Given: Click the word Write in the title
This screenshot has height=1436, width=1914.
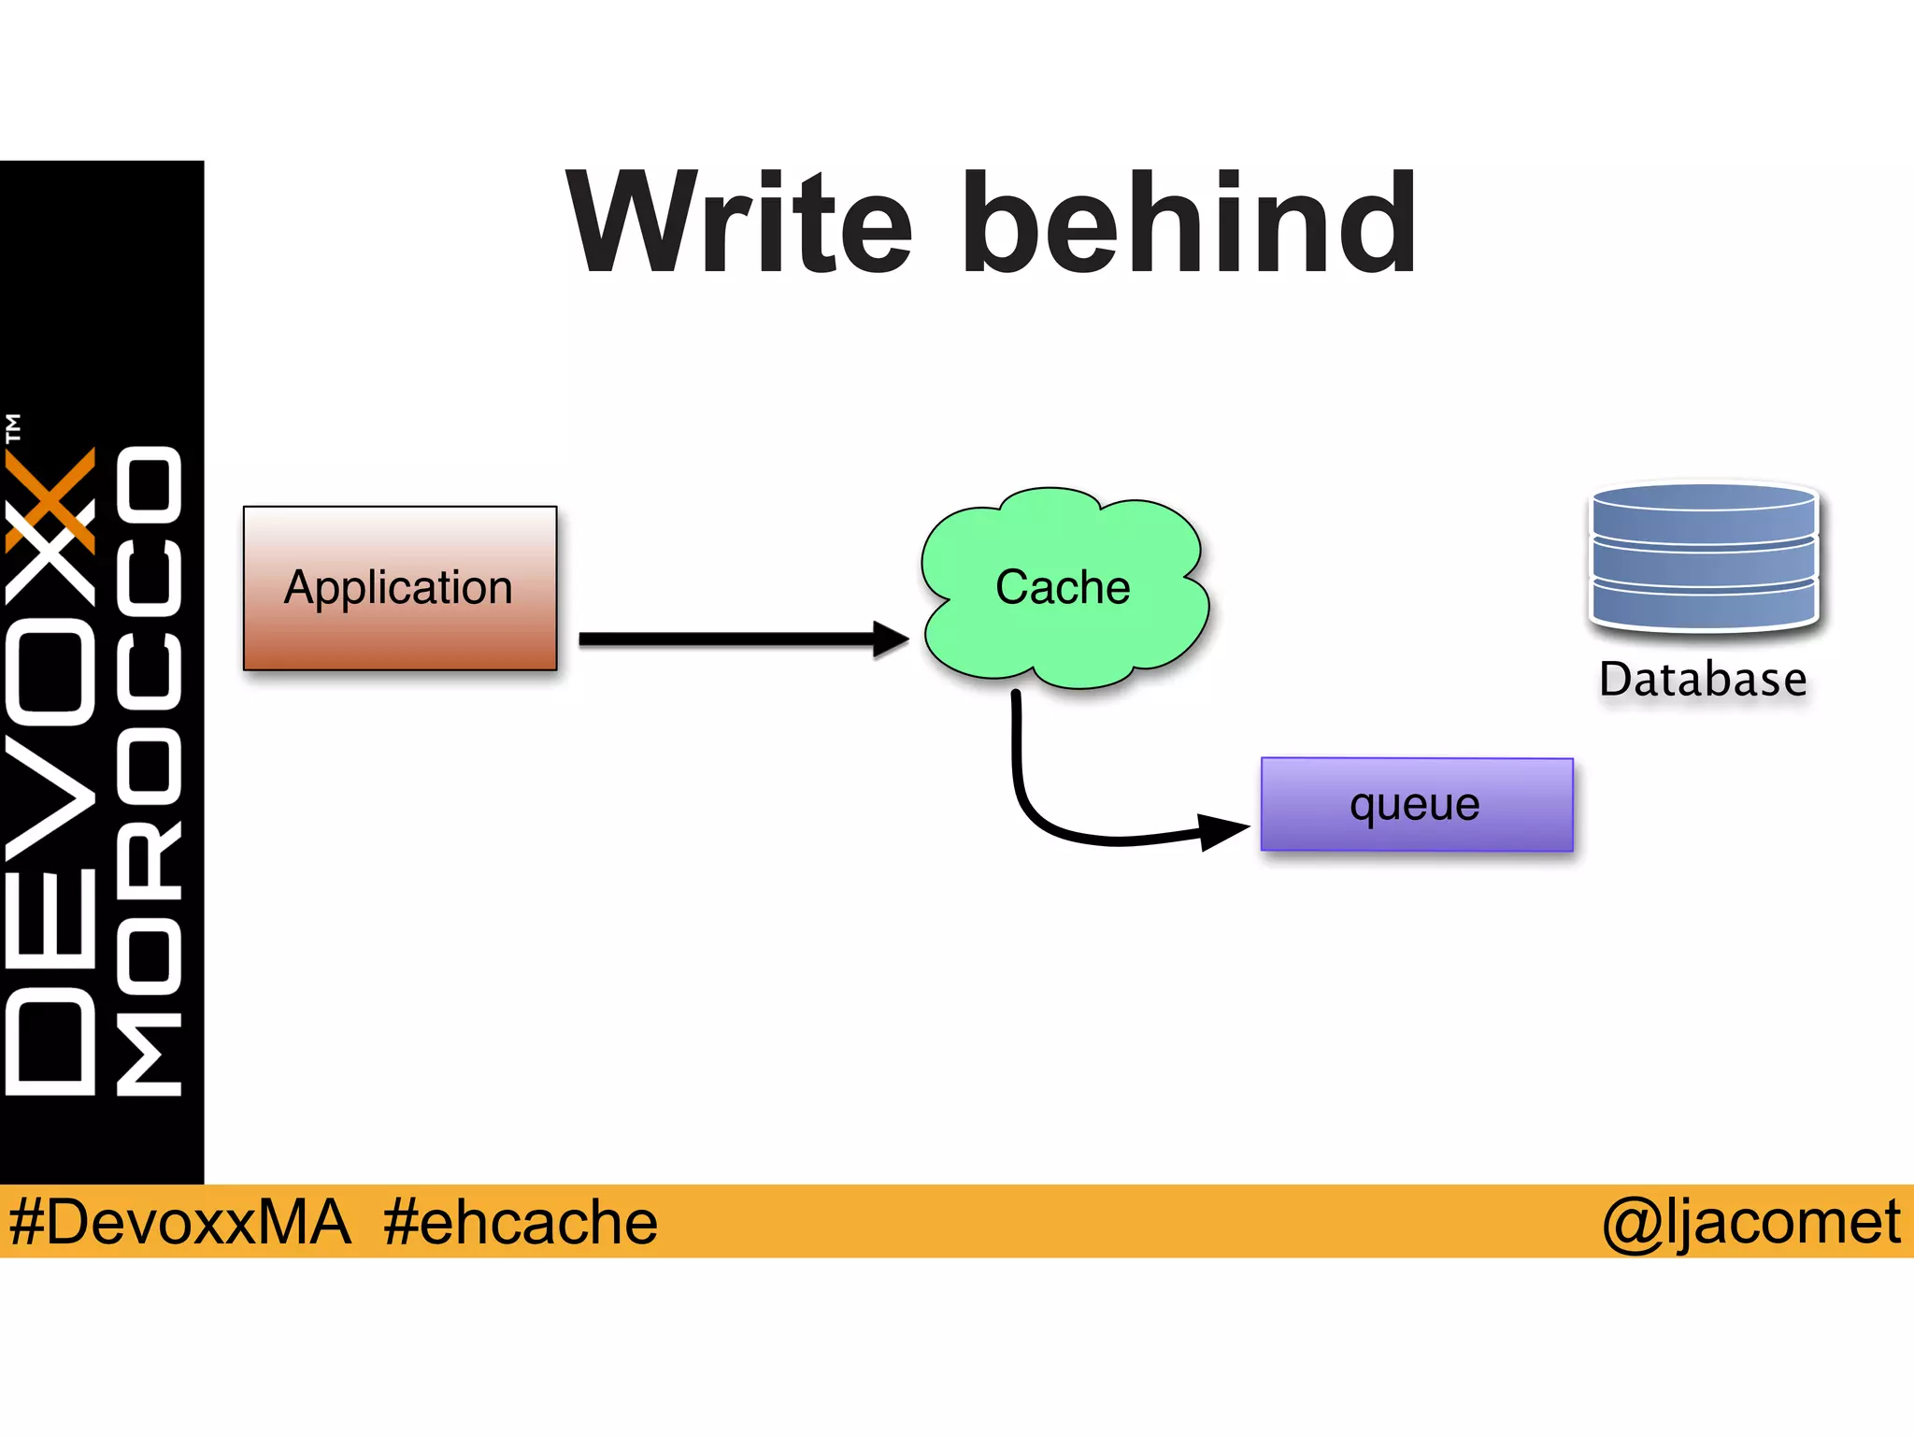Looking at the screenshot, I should point(738,224).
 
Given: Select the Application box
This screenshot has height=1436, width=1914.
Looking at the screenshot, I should point(400,588).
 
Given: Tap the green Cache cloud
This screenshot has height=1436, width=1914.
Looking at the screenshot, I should point(1064,588).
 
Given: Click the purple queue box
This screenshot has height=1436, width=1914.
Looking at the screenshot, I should point(1416,805).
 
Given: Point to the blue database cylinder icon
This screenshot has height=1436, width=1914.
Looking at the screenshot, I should point(1703,556).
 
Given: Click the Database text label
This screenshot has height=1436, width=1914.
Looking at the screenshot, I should point(1703,680).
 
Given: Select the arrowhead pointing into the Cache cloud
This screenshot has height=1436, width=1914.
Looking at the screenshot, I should point(890,639).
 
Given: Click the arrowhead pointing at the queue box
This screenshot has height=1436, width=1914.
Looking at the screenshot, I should point(1222,830).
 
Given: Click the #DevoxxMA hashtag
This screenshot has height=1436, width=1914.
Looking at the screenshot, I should point(179,1222).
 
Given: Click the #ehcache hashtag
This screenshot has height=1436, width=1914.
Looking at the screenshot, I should point(520,1222).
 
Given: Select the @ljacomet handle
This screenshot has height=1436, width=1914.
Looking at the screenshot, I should point(1751,1222).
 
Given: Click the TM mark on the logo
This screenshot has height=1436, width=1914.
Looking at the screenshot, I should point(13,428).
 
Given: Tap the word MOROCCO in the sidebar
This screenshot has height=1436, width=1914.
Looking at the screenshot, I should point(150,771).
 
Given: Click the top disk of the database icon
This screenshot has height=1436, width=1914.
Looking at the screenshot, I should point(1703,510).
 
